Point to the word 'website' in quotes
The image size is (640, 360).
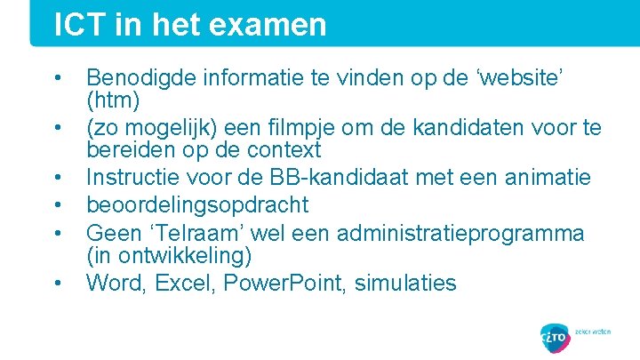pyautogui.click(x=520, y=78)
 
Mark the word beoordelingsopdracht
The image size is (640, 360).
pyautogui.click(x=197, y=205)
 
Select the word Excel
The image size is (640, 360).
pyautogui.click(x=183, y=284)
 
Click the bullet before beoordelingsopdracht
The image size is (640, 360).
pyautogui.click(x=58, y=206)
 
